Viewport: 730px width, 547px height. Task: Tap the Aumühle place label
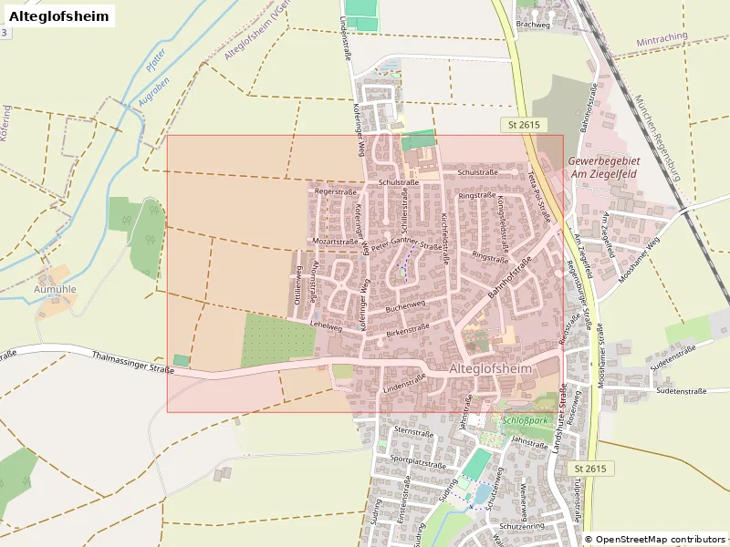[55, 289]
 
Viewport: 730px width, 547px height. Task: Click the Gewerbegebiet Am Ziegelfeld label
[604, 167]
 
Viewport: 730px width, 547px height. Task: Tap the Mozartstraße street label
[335, 242]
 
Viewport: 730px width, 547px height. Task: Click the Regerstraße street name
[335, 192]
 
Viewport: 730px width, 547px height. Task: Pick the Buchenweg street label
[405, 307]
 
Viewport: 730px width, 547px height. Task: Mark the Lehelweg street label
[325, 324]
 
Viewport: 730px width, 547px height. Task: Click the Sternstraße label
[412, 430]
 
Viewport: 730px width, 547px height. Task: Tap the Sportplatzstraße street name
[417, 463]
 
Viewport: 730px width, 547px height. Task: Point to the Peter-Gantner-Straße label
[407, 244]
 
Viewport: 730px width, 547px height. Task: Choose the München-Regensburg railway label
[657, 137]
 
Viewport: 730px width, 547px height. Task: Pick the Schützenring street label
[522, 527]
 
